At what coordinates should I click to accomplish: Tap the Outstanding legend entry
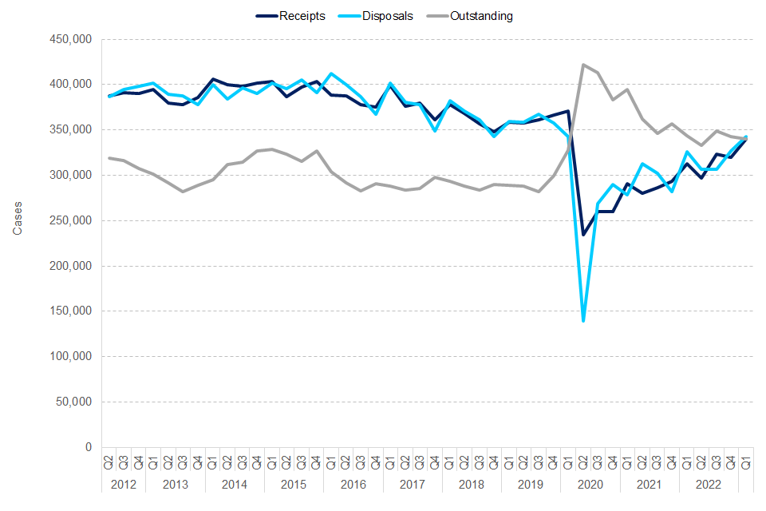coord(481,16)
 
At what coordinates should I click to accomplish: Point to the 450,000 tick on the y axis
coord(70,39)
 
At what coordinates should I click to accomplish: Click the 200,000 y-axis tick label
coord(70,266)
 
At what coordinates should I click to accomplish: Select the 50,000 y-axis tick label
coord(73,402)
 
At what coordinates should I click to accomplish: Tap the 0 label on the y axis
coord(88,448)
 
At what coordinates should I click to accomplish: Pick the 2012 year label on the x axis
coord(124,484)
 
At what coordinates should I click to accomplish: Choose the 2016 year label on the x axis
coord(353,484)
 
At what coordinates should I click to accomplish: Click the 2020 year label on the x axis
coord(589,484)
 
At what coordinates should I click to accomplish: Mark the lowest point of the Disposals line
coord(582,321)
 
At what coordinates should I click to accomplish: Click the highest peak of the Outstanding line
coord(582,65)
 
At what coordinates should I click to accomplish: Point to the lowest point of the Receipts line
coord(582,235)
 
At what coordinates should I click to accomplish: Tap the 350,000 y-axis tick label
coord(70,130)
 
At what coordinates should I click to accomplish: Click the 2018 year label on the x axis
coord(471,484)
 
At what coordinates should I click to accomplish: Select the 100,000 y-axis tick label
coord(70,357)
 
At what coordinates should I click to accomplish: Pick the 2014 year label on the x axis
coord(235,484)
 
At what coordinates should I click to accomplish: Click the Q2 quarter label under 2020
coord(582,462)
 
